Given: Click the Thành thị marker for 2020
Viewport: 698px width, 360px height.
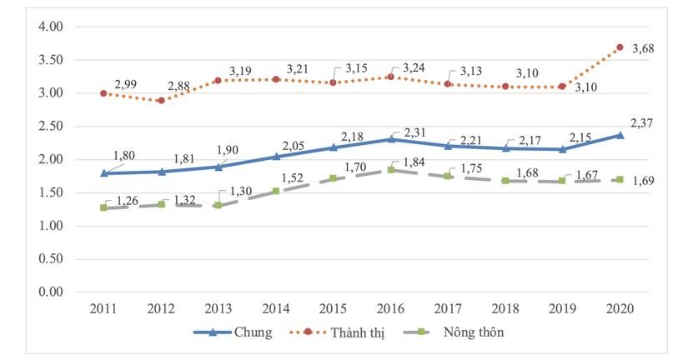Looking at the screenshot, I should point(619,47).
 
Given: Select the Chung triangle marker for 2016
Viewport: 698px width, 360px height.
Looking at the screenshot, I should point(390,139).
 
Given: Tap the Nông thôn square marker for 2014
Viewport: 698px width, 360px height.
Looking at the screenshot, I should point(275,191).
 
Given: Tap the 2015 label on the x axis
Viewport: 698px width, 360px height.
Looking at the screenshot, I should point(333,308).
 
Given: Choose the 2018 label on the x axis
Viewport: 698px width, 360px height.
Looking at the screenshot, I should point(505,308).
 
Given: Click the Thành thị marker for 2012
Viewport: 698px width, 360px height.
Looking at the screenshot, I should point(161,100).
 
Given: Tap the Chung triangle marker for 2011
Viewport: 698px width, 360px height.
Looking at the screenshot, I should point(103,172).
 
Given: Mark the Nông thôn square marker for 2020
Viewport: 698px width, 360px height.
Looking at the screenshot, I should point(619,179).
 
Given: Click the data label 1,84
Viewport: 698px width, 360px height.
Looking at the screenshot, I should point(414,162).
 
